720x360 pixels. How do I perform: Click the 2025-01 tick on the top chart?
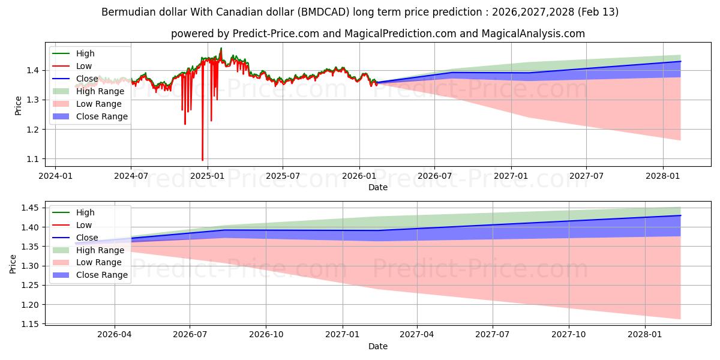coord(207,176)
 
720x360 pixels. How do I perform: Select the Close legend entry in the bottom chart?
coord(87,238)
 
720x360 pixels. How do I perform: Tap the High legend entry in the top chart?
coord(85,53)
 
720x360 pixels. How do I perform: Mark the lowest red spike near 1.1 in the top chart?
coord(202,160)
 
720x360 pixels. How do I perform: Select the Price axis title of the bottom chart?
coord(13,263)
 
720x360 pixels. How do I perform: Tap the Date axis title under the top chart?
coord(378,187)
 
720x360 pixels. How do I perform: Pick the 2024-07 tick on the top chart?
coord(131,176)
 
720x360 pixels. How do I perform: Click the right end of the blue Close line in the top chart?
coord(680,61)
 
